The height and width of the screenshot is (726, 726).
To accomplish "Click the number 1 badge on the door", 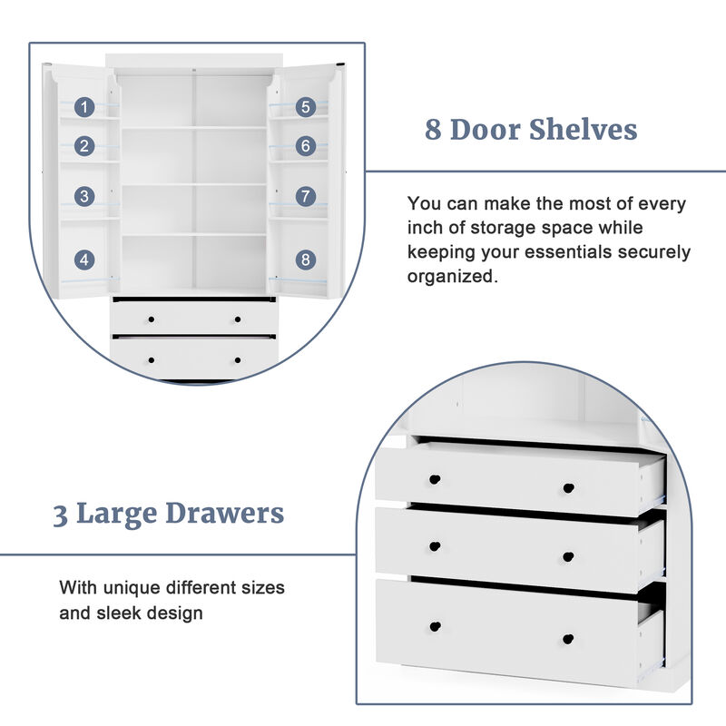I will pos(84,107).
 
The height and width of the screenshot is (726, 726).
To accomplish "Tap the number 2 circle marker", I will pos(84,145).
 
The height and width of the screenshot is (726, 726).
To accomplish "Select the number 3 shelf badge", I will pos(84,196).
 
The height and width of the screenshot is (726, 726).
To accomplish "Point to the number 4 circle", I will pos(84,260).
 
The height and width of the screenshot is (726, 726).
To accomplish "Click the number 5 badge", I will pos(306,107).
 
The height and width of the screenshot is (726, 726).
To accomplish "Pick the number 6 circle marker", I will pos(306,145).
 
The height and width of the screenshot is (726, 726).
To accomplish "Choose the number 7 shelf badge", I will pos(306,196).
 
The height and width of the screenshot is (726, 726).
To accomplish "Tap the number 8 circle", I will pos(306,260).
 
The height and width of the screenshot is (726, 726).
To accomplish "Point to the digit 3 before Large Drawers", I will pos(60,515).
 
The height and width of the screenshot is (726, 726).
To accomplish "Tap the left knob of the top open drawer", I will pos(435,478).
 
